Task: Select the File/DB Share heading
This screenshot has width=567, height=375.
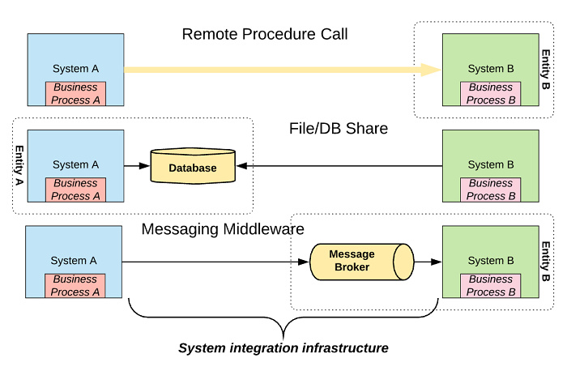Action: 338,129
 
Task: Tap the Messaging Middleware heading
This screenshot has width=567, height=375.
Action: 222,228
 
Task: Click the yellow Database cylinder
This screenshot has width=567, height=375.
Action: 193,168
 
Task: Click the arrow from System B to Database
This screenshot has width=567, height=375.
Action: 340,165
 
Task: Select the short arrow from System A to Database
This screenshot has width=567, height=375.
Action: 136,165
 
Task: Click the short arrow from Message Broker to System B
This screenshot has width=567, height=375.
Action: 428,262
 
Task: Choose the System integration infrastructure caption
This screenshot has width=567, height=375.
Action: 283,348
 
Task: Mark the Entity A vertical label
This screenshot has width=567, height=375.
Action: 19,166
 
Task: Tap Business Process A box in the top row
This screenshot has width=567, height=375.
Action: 75,93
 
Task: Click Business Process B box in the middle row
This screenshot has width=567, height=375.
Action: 491,190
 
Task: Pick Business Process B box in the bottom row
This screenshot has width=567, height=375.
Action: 491,285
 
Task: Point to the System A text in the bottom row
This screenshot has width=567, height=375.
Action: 74,261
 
